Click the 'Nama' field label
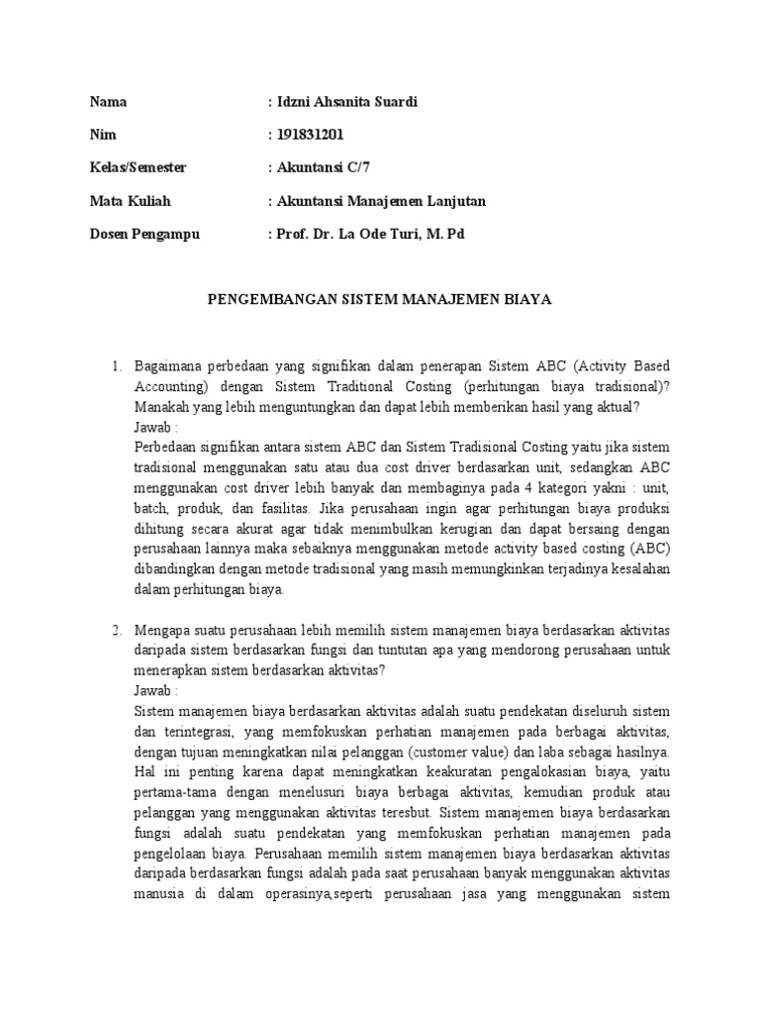coord(108,102)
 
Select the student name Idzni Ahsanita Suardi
coord(334,102)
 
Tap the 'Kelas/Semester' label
coord(138,168)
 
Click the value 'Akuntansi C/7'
coord(321,168)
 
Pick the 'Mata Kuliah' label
coord(130,201)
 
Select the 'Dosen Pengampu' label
coord(144,235)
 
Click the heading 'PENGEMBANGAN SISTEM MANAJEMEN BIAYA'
coord(379,298)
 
